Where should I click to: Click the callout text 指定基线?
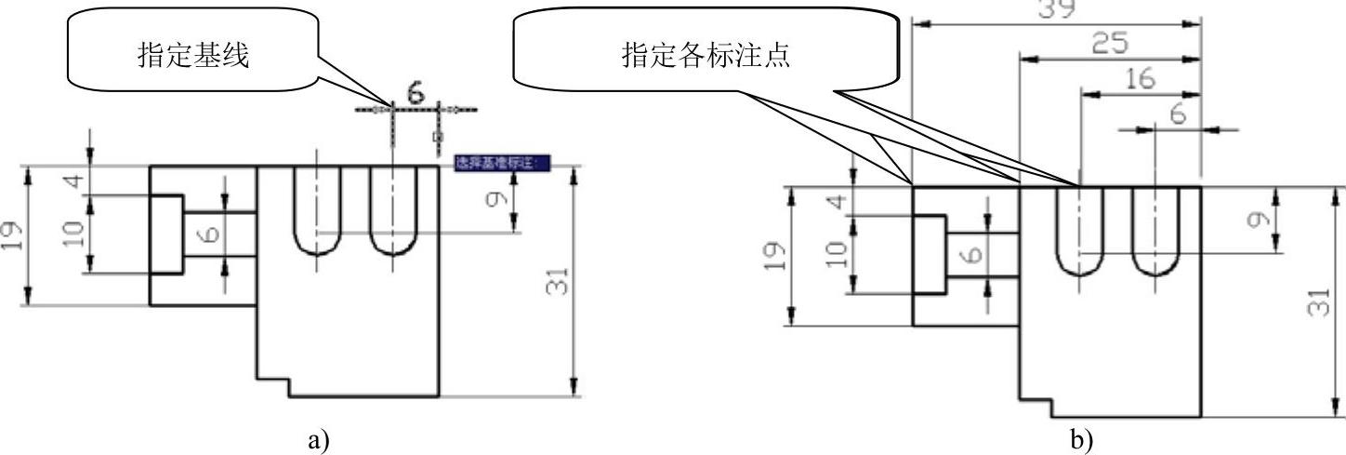[x=192, y=57]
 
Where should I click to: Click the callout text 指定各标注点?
[x=706, y=57]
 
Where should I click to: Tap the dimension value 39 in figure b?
[x=1056, y=9]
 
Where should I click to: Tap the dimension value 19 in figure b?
[x=779, y=253]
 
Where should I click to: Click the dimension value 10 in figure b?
[x=838, y=251]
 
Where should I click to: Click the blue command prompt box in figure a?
[x=501, y=164]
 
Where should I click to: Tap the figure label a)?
[x=319, y=437]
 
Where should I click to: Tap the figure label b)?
[x=1081, y=437]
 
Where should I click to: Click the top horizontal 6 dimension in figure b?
[x=1179, y=114]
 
